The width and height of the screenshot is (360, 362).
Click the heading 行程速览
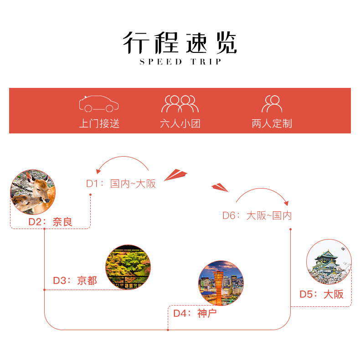pyautogui.click(x=180, y=43)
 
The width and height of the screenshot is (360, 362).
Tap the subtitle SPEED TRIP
pyautogui.click(x=180, y=62)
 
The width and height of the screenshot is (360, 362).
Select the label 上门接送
pyautogui.click(x=99, y=123)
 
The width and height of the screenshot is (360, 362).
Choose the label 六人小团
pyautogui.click(x=180, y=123)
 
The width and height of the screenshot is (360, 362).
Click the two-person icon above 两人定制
pyautogui.click(x=272, y=104)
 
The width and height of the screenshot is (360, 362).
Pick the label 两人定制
pyautogui.click(x=272, y=123)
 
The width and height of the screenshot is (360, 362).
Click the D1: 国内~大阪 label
pyautogui.click(x=121, y=184)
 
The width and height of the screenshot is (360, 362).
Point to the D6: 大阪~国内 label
pyautogui.click(x=257, y=215)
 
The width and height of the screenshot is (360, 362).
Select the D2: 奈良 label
pyautogui.click(x=51, y=222)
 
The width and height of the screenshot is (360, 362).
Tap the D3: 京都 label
pyautogui.click(x=75, y=280)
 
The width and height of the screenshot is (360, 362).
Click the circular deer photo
pyautogui.click(x=33, y=192)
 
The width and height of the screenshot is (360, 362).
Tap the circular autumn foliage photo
pyautogui.click(x=128, y=268)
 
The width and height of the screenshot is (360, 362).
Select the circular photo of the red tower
pyautogui.click(x=221, y=283)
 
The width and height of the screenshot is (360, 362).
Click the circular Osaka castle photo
pyautogui.click(x=329, y=262)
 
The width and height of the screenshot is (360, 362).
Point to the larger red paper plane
pyautogui.click(x=175, y=174)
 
